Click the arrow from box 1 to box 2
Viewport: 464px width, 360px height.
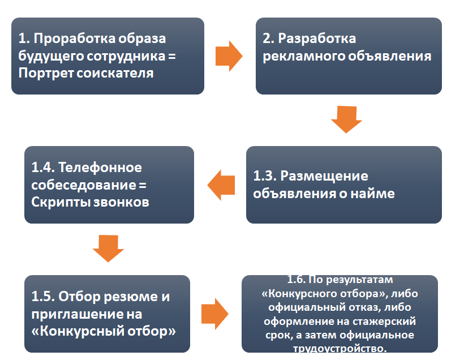pos(229,55)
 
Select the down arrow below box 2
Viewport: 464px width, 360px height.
pos(346,119)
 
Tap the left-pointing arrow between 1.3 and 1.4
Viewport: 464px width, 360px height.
pos(221,185)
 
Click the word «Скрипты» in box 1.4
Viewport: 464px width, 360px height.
pos(59,202)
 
